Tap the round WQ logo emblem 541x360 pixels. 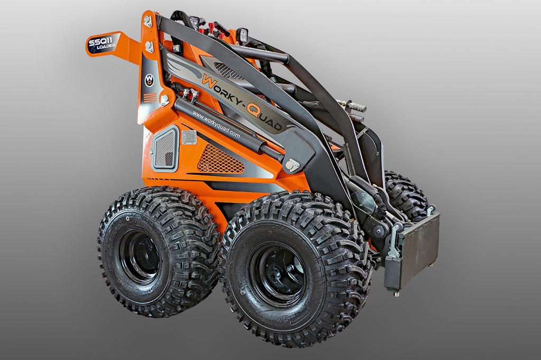[x=150, y=80]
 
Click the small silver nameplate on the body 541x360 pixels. [x=189, y=137]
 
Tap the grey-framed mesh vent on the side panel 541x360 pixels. [x=165, y=149]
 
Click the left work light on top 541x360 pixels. [x=194, y=22]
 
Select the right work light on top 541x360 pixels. [x=242, y=35]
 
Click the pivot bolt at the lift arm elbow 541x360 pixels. [x=291, y=165]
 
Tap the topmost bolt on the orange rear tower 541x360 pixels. [x=147, y=21]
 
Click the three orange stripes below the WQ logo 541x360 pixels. [x=151, y=97]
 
